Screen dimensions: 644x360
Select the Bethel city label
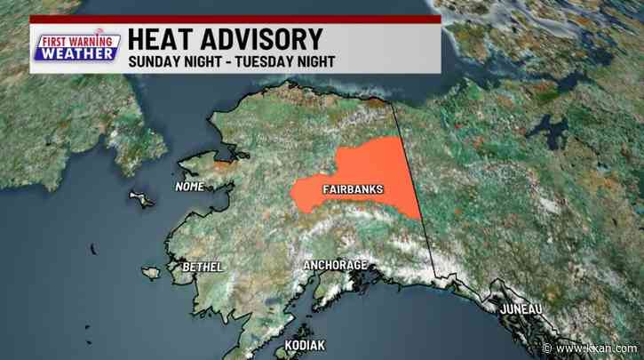[x=201, y=267]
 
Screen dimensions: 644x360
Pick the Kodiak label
[x=305, y=344]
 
